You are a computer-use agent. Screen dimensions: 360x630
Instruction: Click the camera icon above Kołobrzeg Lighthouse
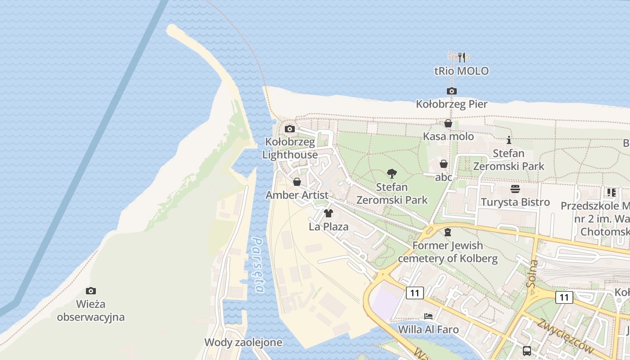pos(290,129)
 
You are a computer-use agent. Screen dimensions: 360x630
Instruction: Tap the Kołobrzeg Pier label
pos(451,104)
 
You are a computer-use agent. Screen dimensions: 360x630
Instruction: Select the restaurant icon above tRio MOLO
pos(462,57)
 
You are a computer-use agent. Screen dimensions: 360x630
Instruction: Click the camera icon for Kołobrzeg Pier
pos(452,91)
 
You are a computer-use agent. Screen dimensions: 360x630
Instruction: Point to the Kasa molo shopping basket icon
pos(448,123)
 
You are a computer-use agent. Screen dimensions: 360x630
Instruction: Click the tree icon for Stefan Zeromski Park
pos(392,174)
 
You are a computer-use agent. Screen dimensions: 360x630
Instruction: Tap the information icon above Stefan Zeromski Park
pos(509,140)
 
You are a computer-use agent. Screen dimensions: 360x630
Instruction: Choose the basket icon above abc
pos(444,164)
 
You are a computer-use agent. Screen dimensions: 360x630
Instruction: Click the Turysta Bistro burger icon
pos(515,189)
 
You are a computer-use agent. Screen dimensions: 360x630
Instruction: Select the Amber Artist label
pos(297,195)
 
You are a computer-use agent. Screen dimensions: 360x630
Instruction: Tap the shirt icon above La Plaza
pos(328,213)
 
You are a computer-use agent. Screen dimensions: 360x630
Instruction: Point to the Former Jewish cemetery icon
pos(448,232)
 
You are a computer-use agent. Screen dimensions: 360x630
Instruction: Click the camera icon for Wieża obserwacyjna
pos(91,291)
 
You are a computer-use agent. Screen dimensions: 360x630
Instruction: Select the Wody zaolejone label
pos(243,342)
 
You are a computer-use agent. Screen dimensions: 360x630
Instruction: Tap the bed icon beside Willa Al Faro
pos(428,316)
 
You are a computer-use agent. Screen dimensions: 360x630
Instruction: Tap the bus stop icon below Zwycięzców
pos(527,351)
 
